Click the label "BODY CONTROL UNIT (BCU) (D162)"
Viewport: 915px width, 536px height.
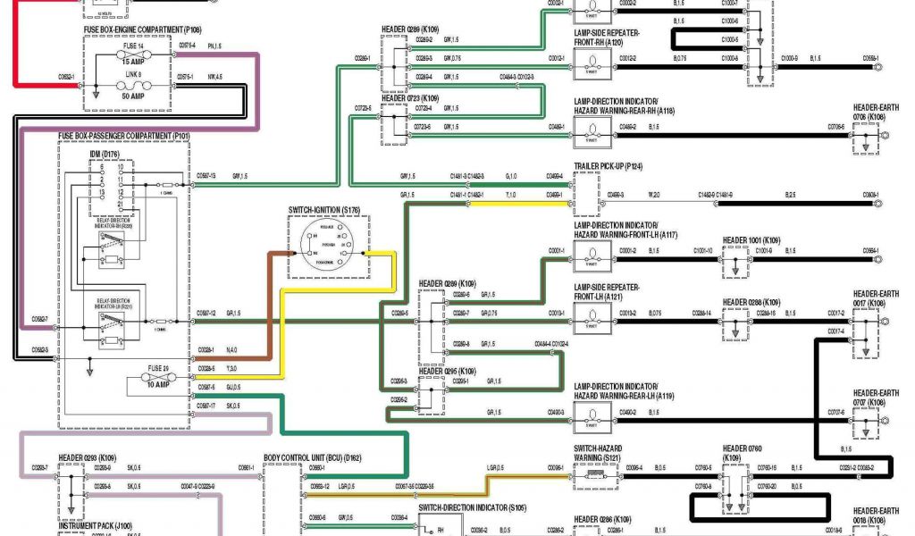point(325,457)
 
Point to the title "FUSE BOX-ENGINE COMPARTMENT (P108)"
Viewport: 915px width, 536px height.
point(136,29)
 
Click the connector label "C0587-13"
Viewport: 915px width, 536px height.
point(206,176)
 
